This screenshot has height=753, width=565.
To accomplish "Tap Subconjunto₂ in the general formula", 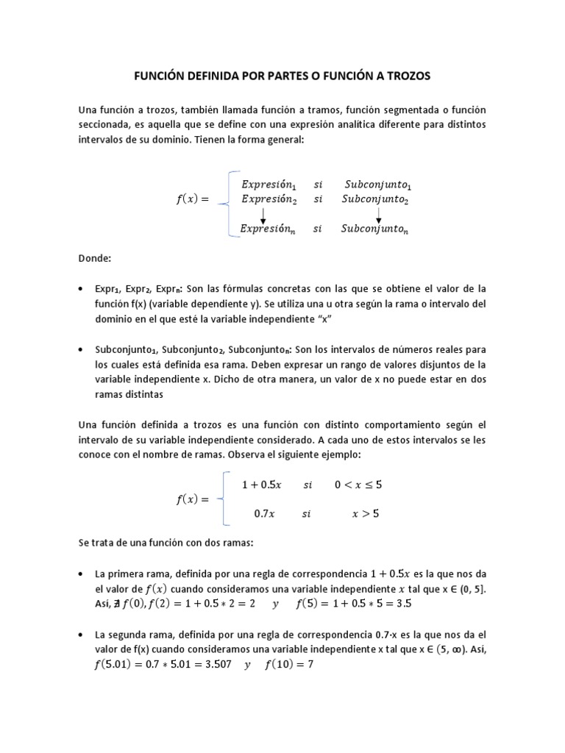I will pos(376,199).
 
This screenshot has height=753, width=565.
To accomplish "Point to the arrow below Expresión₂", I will pos(263,214).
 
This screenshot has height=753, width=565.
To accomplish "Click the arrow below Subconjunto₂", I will pos(379,214).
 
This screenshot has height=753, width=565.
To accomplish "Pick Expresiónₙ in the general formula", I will pos(268,229).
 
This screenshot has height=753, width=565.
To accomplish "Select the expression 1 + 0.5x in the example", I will pos(261,485).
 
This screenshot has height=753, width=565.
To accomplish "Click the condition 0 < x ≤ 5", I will pos(358,485).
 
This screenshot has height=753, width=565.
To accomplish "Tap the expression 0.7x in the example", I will pos(264,515).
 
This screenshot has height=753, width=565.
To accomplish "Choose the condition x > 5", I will pos(366,515).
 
